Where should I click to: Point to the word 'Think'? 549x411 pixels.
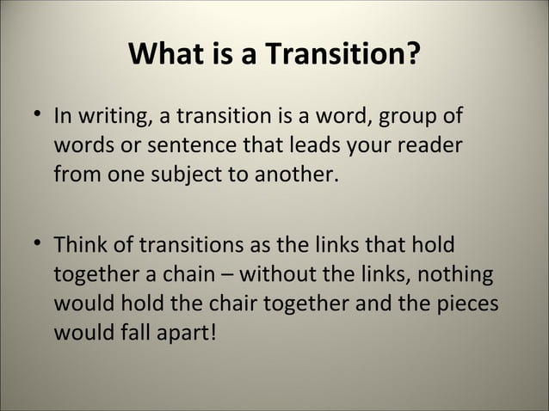[80, 247]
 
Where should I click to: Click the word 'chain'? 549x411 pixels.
[194, 277]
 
